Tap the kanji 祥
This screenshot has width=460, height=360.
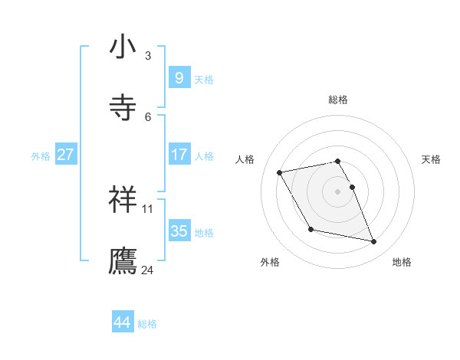(123, 200)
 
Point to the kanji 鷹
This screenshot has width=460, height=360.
(123, 260)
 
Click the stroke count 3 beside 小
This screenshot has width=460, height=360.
(148, 55)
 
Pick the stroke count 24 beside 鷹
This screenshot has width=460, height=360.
(148, 270)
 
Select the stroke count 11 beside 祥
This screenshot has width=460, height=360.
(148, 208)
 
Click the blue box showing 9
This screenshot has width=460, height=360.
(179, 77)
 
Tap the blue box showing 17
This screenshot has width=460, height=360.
(179, 154)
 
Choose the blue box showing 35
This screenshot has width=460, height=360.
(179, 231)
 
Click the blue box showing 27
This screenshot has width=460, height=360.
(66, 154)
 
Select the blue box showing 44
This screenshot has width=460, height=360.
(123, 322)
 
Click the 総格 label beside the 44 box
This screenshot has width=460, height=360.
(147, 324)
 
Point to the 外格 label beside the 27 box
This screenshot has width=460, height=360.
(41, 156)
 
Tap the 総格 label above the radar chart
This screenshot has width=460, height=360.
(338, 100)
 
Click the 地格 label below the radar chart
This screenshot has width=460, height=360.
(402, 262)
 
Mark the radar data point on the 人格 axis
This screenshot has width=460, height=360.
(280, 172)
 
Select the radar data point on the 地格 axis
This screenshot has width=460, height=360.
(374, 242)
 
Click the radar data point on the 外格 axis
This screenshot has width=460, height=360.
(310, 229)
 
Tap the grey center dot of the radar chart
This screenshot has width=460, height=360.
(338, 191)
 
